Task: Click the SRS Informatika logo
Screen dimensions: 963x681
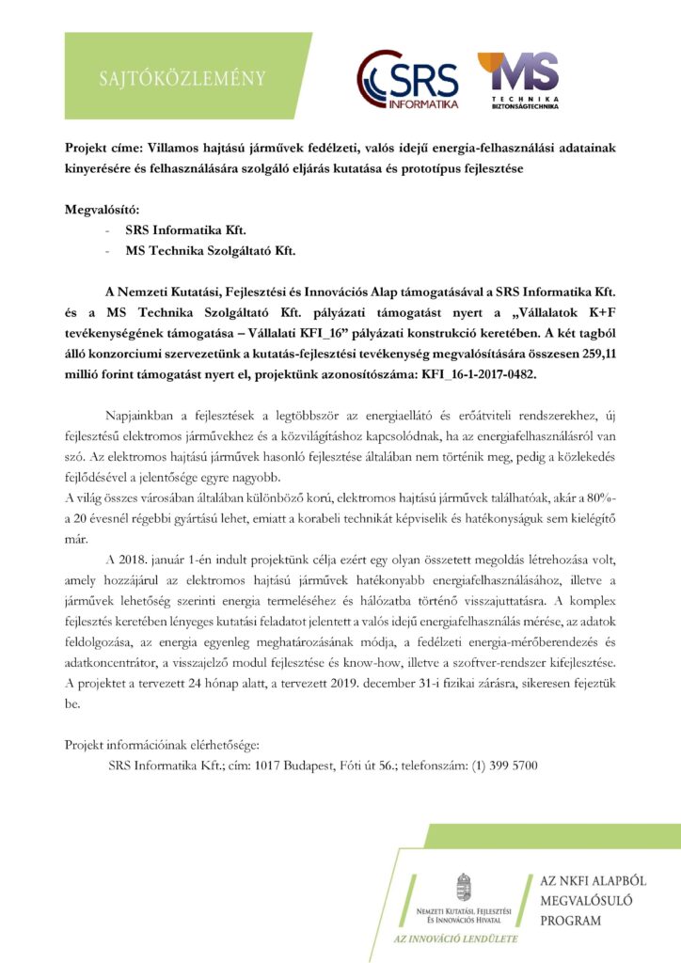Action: coord(407,79)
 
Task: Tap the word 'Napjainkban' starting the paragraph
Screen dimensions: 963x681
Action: coord(148,415)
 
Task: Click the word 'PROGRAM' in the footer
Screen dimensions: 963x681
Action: coord(570,921)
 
